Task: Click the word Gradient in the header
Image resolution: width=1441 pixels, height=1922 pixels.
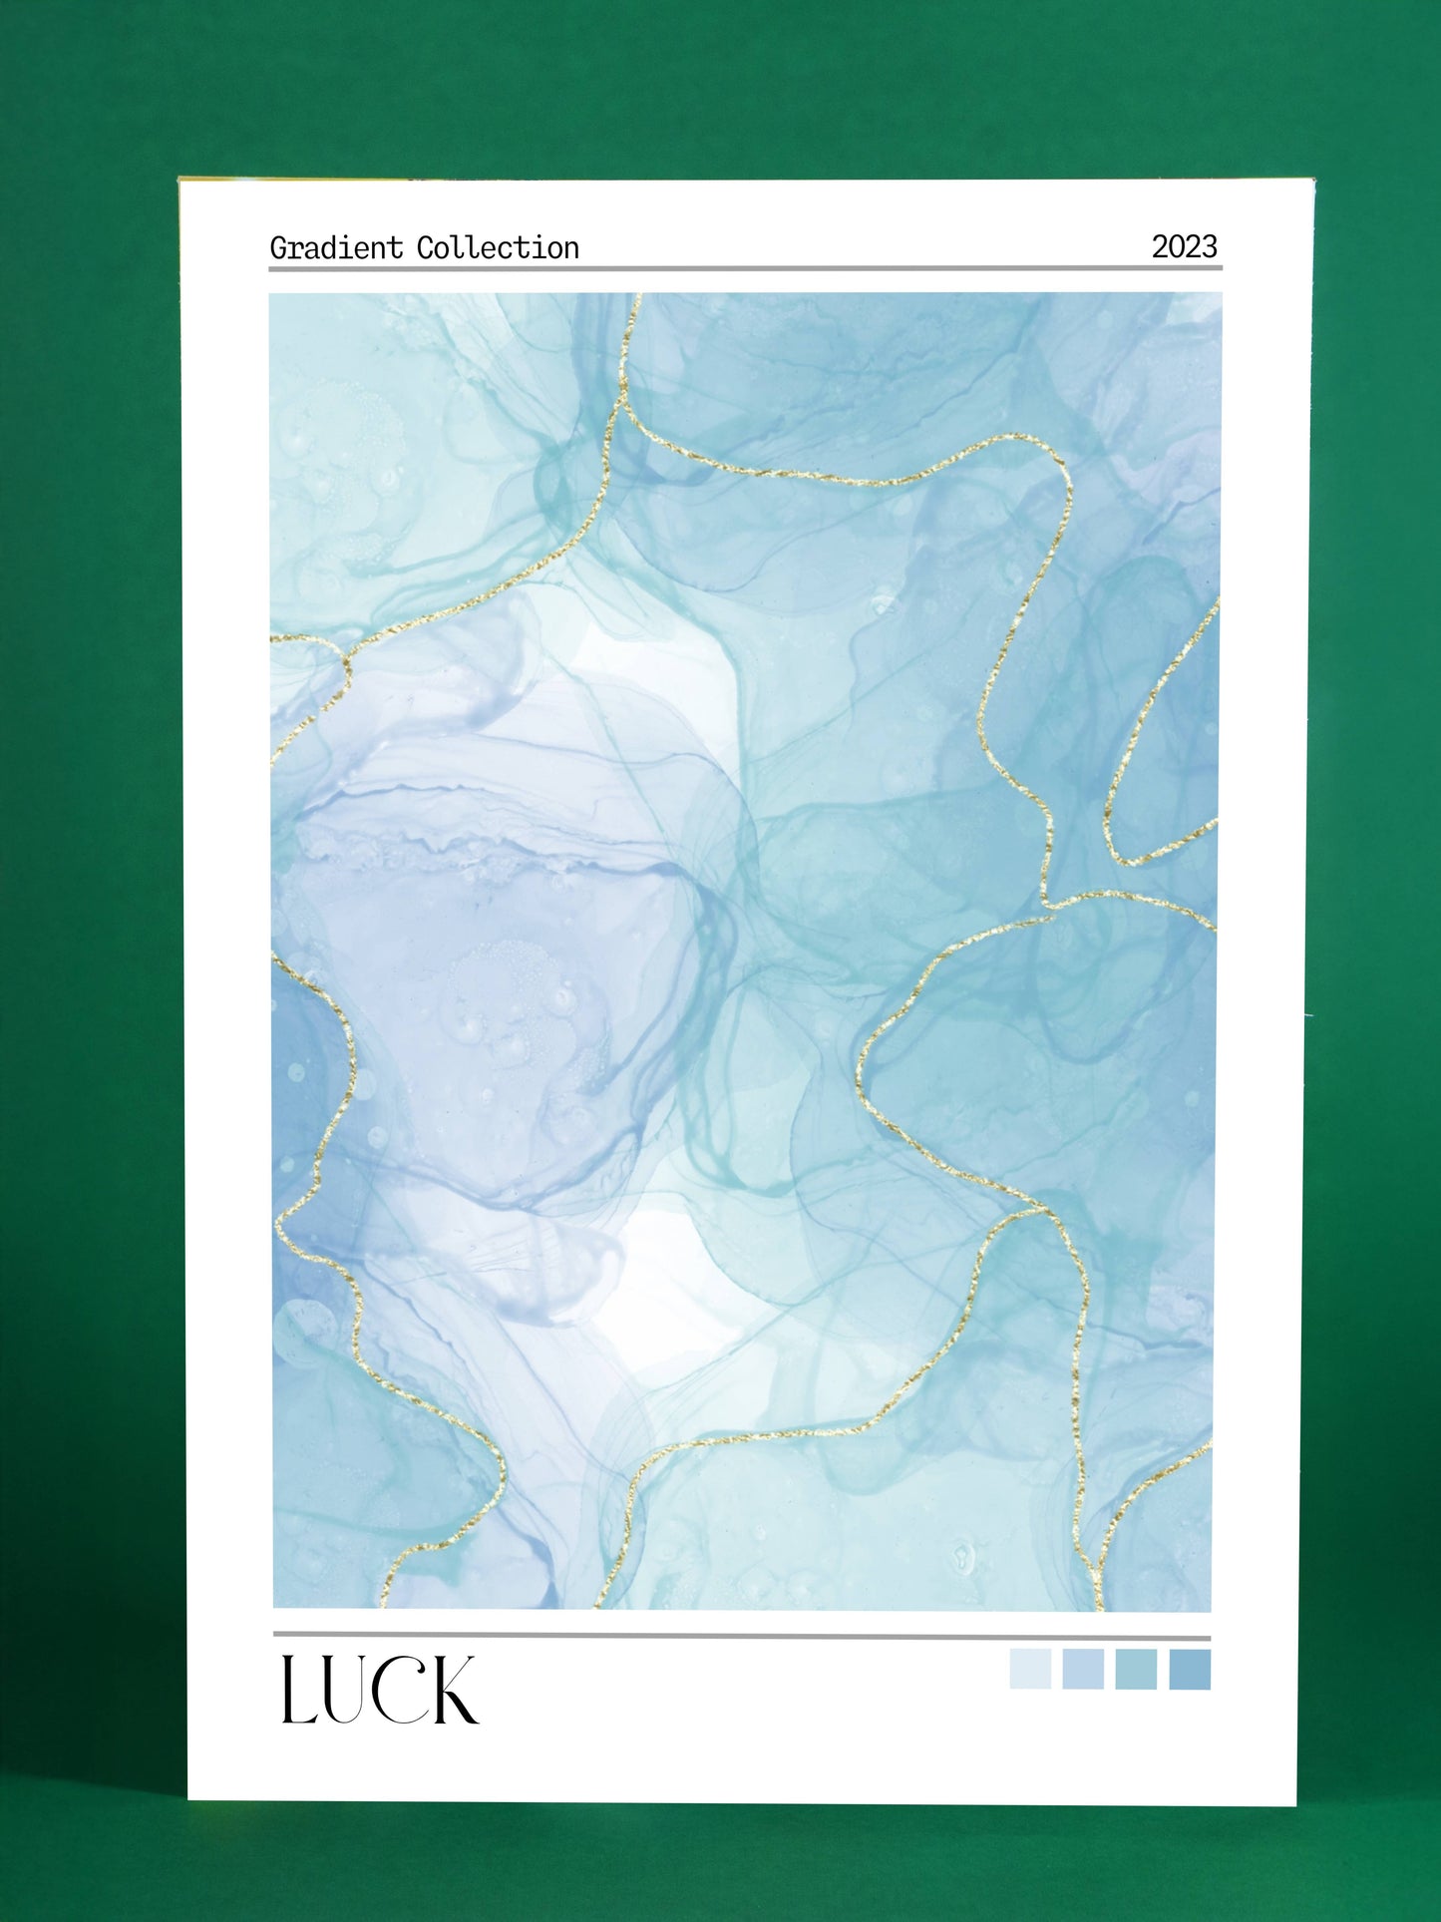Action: click(336, 247)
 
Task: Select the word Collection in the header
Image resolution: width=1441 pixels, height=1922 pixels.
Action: click(498, 247)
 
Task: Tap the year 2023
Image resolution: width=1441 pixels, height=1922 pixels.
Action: click(1184, 246)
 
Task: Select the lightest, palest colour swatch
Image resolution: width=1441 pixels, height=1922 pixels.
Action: click(1030, 1670)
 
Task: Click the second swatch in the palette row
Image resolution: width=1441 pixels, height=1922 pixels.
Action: click(1083, 1670)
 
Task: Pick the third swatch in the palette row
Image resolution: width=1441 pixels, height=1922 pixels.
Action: click(1136, 1670)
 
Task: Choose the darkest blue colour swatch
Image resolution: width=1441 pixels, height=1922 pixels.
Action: click(1190, 1670)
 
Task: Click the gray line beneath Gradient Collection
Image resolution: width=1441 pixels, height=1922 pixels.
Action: click(745, 267)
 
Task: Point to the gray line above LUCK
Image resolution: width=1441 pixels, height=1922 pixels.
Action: click(741, 1637)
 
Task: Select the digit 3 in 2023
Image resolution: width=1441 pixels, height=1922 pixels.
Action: click(1210, 246)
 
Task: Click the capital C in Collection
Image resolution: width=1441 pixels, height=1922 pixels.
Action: click(425, 247)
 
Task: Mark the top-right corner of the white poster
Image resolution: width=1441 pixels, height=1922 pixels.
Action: click(1312, 182)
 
